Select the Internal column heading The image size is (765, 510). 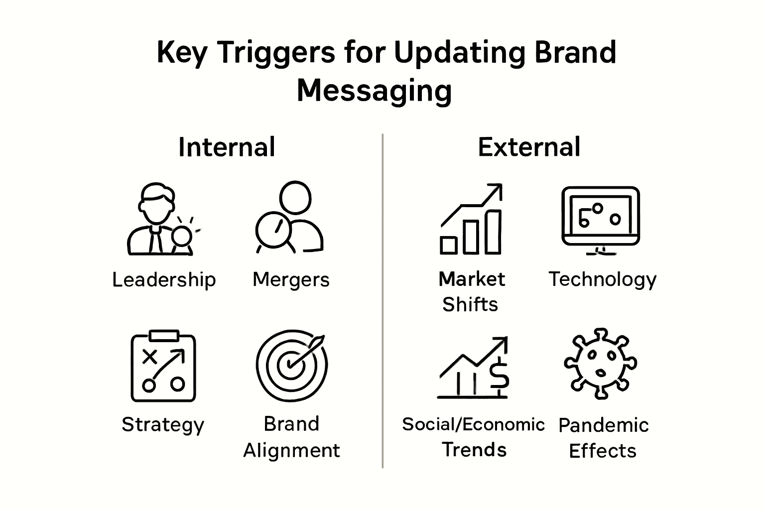[x=227, y=147]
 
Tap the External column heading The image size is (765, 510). [x=529, y=147]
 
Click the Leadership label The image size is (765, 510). [x=164, y=280]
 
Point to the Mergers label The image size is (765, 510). [x=291, y=280]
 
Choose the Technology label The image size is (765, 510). [x=602, y=280]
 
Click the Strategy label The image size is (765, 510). [x=163, y=425]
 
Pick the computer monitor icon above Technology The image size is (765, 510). [x=601, y=219]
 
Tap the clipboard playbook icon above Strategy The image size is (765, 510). [x=163, y=366]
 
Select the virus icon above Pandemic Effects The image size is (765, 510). [x=600, y=364]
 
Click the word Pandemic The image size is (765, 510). [x=603, y=425]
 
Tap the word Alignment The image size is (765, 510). [x=291, y=450]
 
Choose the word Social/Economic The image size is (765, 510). [x=473, y=424]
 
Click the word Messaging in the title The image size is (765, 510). [x=374, y=91]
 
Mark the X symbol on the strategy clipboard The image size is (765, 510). [x=149, y=357]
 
